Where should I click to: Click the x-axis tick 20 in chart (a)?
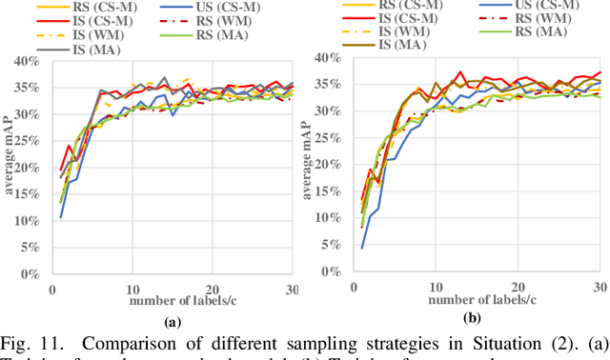(x=213, y=289)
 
